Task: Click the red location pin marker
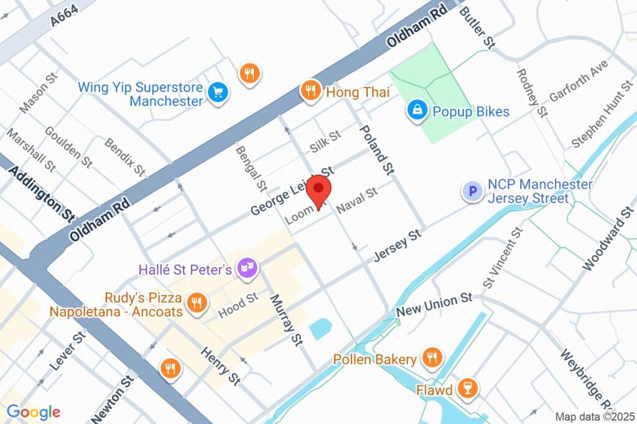(x=319, y=189)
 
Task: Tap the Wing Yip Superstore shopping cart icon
(x=218, y=93)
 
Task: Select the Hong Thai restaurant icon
(x=310, y=91)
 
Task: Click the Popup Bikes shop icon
(x=416, y=111)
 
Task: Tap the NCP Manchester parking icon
(x=473, y=191)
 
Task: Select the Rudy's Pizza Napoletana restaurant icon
(x=197, y=303)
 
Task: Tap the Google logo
(x=34, y=412)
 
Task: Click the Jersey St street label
(x=398, y=246)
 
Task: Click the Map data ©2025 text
(x=595, y=417)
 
